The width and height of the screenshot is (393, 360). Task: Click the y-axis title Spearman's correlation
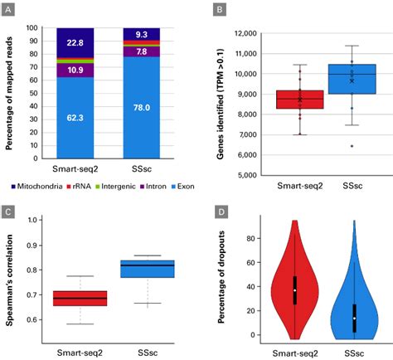(x=12, y=274)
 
